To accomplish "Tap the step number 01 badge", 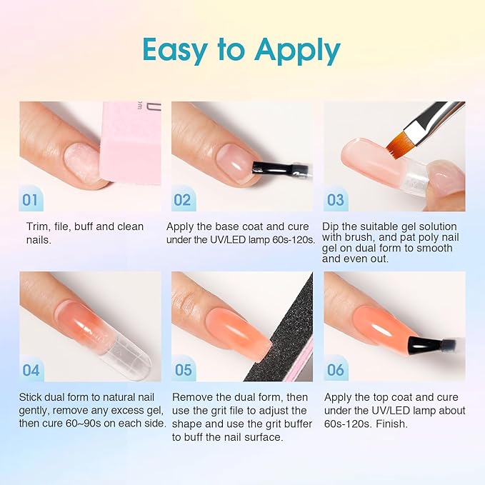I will [x=30, y=199].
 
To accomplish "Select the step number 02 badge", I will [x=182, y=199].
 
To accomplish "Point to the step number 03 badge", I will [x=335, y=199].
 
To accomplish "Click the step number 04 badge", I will [x=30, y=369].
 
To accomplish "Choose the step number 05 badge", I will [x=183, y=369].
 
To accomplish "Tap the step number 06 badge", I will [x=335, y=369].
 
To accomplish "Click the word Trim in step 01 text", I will [x=36, y=226].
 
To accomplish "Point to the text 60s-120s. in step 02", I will [x=289, y=239].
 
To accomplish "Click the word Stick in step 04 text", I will [x=33, y=397].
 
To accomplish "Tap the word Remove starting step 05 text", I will [x=191, y=397].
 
